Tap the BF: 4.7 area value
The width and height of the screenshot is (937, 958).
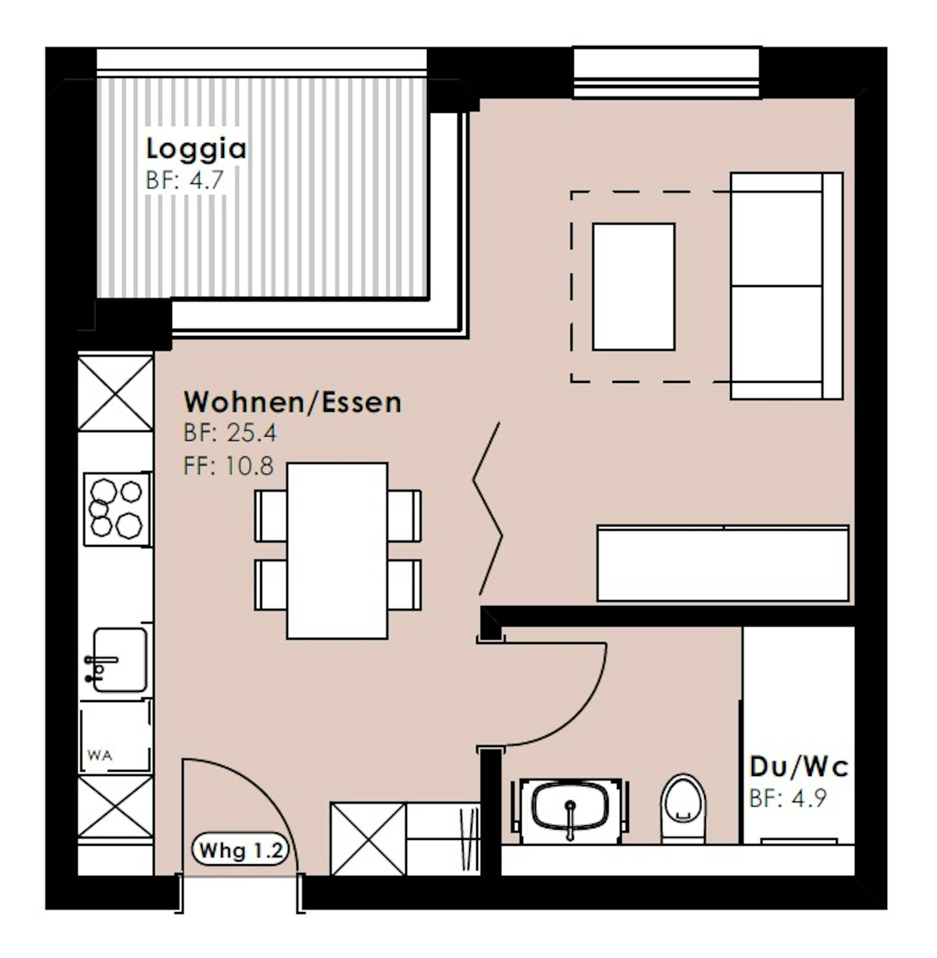click(x=185, y=180)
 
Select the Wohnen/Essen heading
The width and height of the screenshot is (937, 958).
click(x=293, y=402)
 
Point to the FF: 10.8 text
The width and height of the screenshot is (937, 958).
click(x=228, y=466)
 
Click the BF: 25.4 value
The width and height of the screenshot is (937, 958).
click(x=230, y=433)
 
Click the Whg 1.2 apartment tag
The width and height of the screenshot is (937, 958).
click(x=241, y=850)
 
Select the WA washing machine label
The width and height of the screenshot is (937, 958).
click(x=100, y=755)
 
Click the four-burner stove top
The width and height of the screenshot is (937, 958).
click(x=117, y=510)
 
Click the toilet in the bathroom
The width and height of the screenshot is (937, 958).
click(x=683, y=809)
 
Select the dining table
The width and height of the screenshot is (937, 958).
click(x=337, y=550)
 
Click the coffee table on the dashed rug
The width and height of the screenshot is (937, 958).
click(x=633, y=287)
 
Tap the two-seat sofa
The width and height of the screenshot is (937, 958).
click(x=786, y=286)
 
